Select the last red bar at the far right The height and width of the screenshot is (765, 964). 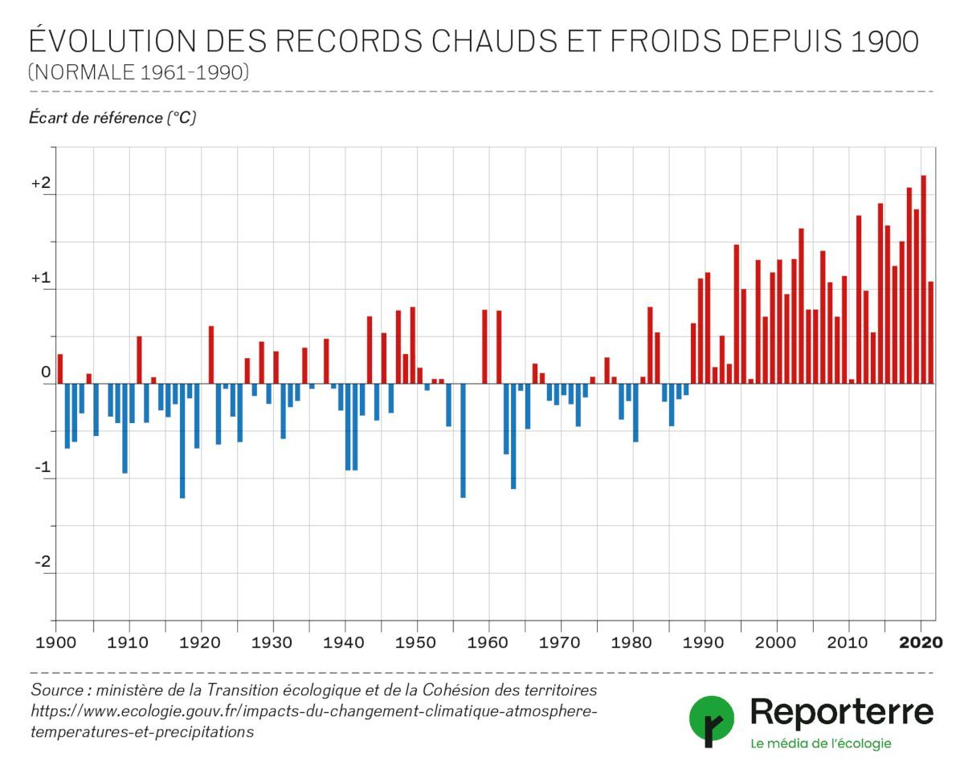(931, 332)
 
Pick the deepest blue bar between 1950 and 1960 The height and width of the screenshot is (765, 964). (463, 441)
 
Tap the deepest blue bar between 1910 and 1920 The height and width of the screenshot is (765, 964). (182, 441)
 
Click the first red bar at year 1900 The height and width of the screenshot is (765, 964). (59, 368)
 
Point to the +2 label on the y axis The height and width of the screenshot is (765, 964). (41, 184)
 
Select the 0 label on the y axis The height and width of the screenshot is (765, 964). (46, 373)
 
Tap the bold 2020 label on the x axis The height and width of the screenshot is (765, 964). (921, 642)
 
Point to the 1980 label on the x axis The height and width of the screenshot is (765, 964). (633, 642)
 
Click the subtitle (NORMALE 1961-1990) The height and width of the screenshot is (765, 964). (139, 73)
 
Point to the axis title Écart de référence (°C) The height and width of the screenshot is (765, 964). (112, 118)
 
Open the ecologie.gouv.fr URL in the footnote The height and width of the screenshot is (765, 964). (313, 711)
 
